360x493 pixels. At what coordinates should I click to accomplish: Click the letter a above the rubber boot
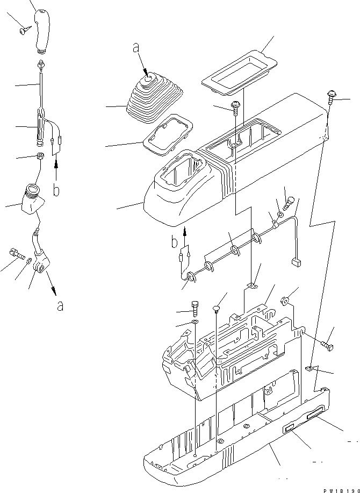point(136,48)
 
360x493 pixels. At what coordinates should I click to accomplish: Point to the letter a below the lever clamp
point(60,306)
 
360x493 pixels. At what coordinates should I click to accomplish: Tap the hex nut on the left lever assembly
point(40,156)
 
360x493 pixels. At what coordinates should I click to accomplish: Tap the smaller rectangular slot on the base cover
point(290,427)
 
